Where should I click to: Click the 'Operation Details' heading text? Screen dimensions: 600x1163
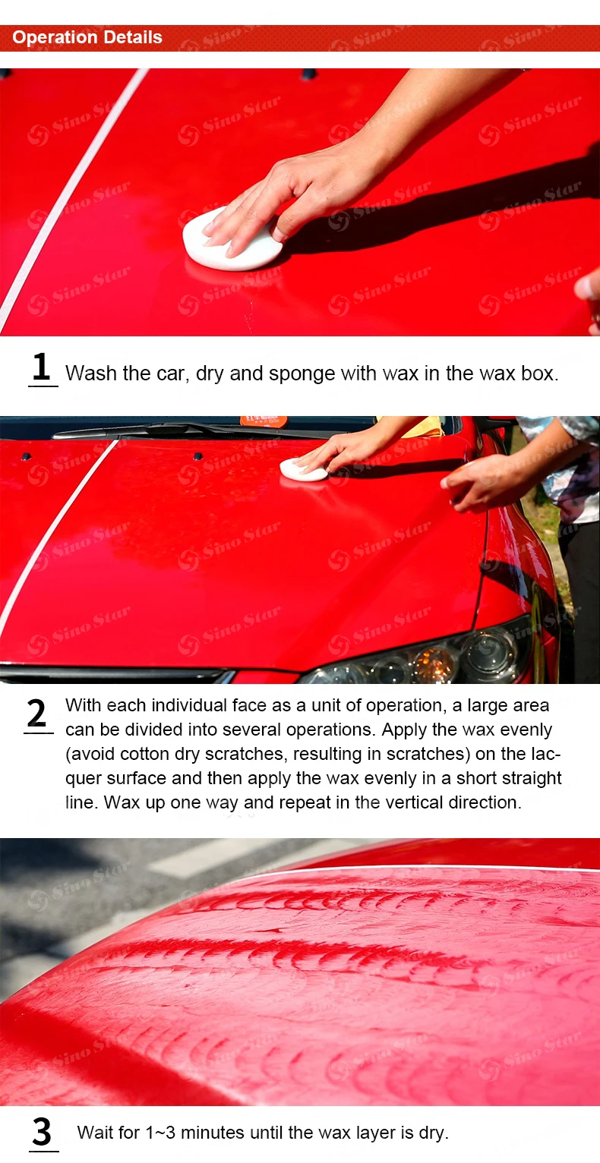click(87, 37)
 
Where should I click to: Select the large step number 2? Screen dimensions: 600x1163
click(36, 713)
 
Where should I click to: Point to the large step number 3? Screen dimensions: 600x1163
click(42, 1132)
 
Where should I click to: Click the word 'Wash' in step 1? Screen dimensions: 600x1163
click(91, 373)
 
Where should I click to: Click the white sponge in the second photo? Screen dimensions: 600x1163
click(303, 469)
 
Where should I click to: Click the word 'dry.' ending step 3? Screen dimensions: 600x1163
click(433, 1133)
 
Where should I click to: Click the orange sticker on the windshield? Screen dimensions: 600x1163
click(264, 421)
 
